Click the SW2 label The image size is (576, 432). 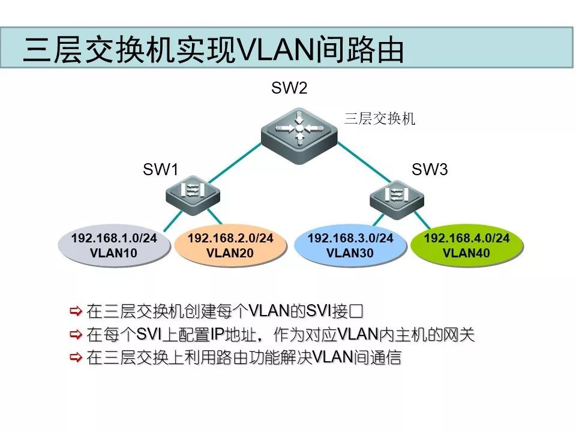(x=289, y=89)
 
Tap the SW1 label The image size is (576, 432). (x=161, y=170)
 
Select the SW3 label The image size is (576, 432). (x=430, y=170)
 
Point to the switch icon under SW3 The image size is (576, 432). (x=396, y=196)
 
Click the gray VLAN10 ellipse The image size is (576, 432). (x=114, y=245)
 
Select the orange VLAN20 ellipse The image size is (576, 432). (x=230, y=245)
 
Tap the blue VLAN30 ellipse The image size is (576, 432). (x=350, y=245)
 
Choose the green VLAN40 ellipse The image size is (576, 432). (x=467, y=245)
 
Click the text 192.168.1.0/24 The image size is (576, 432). (x=114, y=238)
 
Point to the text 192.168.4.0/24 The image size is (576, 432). (x=467, y=238)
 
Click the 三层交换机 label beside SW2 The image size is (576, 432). (x=379, y=119)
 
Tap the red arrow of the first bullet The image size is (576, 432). (x=76, y=311)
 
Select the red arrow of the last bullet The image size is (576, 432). (x=76, y=358)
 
